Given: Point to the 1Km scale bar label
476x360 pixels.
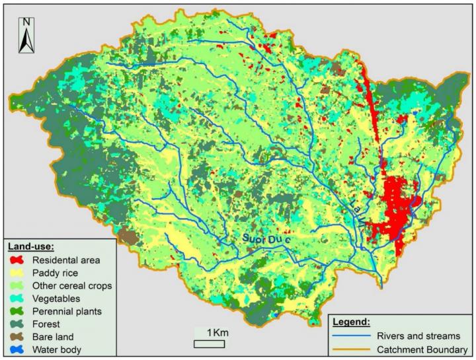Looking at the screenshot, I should (217, 332).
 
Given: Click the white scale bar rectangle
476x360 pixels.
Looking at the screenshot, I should (206, 343).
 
